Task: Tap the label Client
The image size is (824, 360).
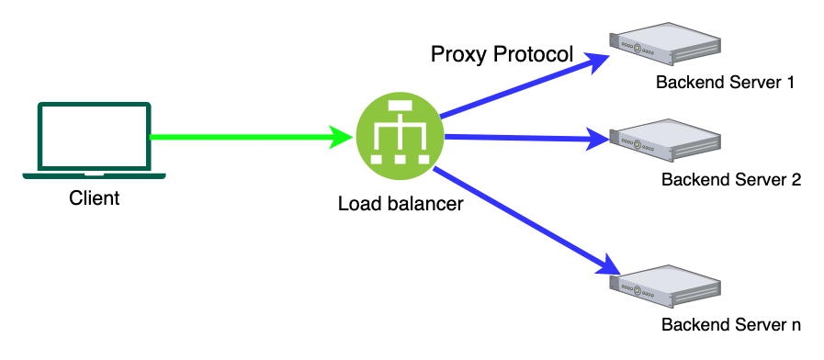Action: (x=94, y=197)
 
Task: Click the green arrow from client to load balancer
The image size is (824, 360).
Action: (x=239, y=138)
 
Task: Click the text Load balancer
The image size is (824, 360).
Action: (x=400, y=203)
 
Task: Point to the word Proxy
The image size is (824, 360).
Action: (x=459, y=55)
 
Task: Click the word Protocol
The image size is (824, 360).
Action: (x=534, y=55)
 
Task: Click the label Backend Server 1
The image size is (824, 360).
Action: (x=725, y=83)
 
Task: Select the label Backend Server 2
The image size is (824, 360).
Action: (x=730, y=179)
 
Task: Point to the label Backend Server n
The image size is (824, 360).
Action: (x=730, y=325)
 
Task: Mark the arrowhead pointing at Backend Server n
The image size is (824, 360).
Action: (x=614, y=269)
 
